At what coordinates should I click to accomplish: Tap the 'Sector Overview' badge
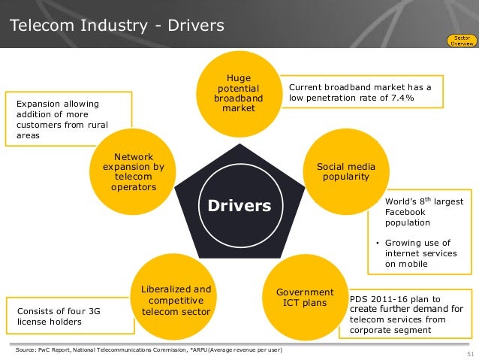[459, 40]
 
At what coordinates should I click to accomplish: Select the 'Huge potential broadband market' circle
[239, 93]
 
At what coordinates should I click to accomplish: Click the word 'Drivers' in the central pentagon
[239, 205]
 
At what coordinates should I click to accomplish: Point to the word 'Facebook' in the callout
[405, 213]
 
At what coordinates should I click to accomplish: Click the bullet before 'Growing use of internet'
[377, 243]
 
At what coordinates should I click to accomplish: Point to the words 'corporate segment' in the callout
[390, 329]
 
